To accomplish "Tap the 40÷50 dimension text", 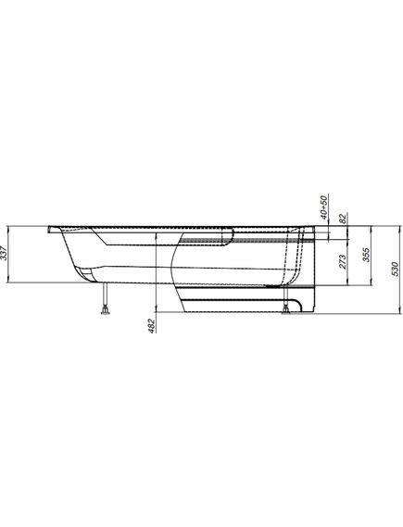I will [323, 206].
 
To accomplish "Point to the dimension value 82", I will [343, 219].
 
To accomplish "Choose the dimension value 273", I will [345, 262].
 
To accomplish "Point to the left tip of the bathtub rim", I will [46, 225].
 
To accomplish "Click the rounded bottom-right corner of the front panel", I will [314, 311].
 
